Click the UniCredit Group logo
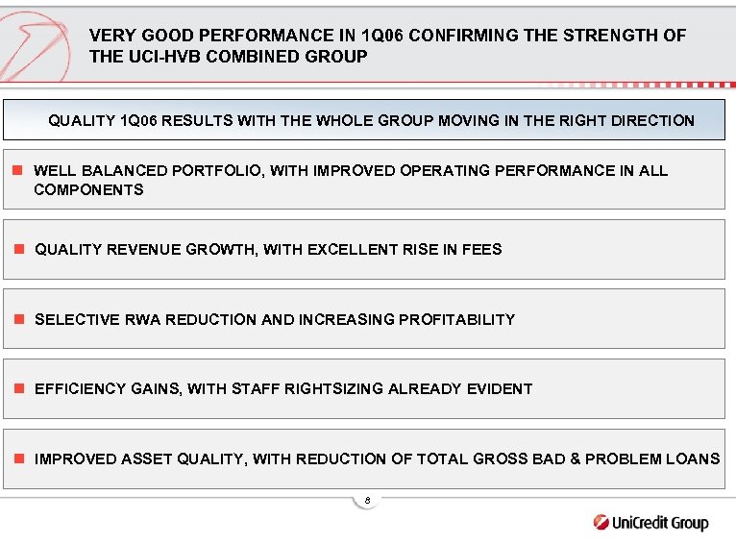[650, 523]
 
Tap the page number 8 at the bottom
[367, 500]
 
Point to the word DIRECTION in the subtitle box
[650, 121]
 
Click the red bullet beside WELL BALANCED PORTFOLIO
[16, 171]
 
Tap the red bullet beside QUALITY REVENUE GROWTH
[16, 250]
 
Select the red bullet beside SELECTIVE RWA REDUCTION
[16, 319]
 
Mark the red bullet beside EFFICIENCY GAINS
[16, 389]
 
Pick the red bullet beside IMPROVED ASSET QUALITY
[16, 459]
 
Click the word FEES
[482, 250]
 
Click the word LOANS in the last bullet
[694, 459]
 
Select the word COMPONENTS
[88, 190]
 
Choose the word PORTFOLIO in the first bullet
[216, 171]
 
